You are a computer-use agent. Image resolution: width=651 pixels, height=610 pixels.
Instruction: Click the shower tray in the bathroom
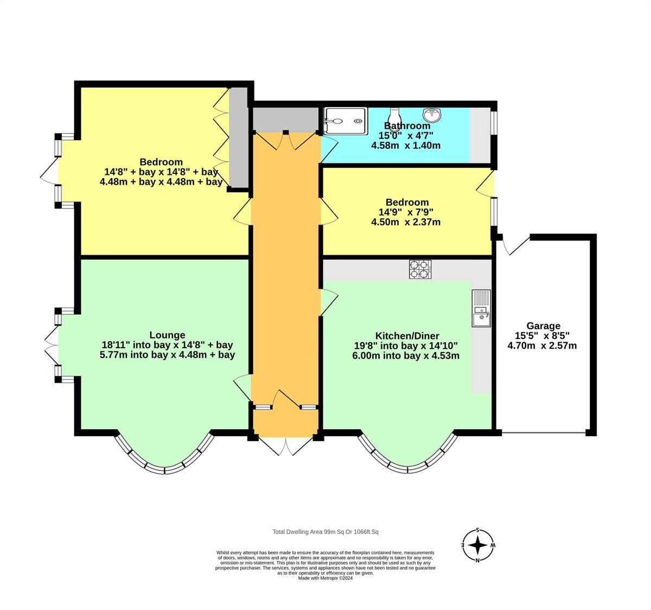point(346,121)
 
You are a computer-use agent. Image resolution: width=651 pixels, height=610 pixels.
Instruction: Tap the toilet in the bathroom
point(395,115)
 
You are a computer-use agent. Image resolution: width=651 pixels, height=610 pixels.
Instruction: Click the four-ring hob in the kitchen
point(420,269)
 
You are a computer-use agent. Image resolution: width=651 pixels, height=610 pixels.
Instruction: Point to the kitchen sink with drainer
point(481,308)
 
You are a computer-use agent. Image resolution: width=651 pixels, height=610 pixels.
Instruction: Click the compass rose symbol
point(477,545)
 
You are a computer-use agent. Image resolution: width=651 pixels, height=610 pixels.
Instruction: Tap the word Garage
point(542,326)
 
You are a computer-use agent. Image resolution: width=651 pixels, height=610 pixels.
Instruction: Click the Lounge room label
point(167,335)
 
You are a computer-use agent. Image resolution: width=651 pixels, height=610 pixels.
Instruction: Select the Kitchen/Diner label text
point(407,336)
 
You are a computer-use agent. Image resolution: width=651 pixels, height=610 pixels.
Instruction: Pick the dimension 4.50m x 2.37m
point(405,222)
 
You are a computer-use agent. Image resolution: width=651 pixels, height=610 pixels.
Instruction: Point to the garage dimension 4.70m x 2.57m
point(541,345)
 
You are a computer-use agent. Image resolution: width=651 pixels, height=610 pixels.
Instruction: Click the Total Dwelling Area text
point(329,532)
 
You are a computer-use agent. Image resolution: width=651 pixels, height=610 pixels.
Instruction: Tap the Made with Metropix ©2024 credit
point(325,578)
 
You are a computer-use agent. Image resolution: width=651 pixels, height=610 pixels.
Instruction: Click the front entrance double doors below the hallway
point(285,446)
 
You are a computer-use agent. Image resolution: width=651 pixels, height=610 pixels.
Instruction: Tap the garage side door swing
point(514,246)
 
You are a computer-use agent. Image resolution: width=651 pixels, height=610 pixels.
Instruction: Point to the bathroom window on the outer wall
point(494,122)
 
